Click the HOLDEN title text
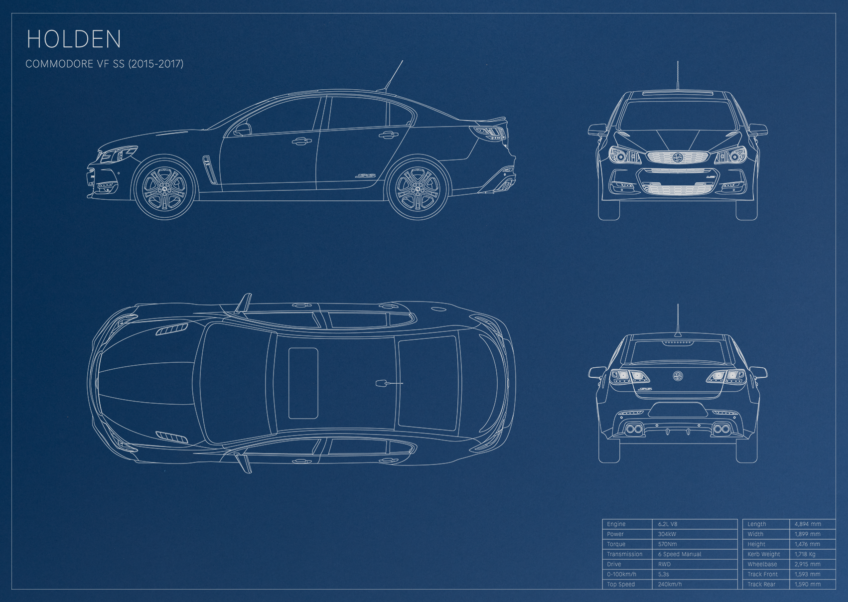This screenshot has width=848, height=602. point(74,39)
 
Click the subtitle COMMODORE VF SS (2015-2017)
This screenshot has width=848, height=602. point(105,64)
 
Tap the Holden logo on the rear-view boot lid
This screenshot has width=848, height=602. point(677,376)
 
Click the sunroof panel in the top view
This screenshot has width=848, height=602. point(303,383)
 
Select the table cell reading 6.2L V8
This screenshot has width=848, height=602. point(668,524)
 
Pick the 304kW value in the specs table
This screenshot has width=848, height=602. point(667,534)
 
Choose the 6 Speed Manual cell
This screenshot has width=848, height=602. point(680,554)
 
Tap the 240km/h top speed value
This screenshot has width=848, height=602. point(670,584)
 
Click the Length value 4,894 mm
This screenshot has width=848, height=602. point(808,524)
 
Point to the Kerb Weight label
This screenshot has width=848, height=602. point(764,554)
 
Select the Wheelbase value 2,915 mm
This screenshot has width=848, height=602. point(807,564)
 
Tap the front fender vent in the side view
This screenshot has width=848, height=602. point(209,168)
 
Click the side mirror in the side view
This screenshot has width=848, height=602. point(242,130)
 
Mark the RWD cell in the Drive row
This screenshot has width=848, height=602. point(664,564)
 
